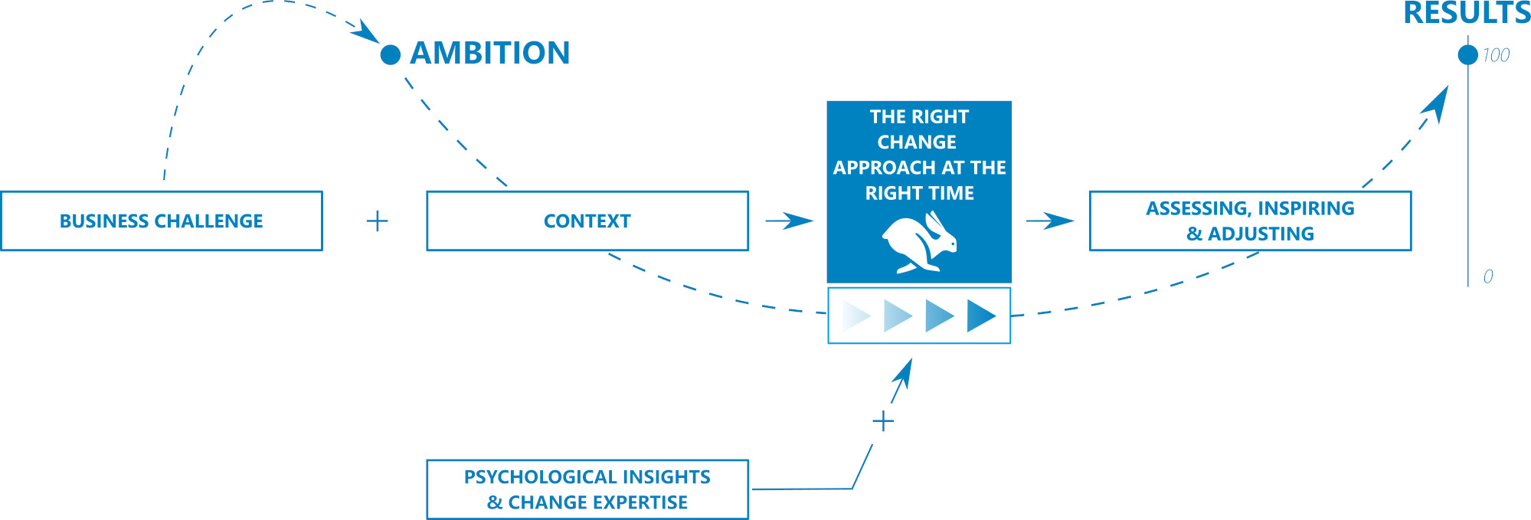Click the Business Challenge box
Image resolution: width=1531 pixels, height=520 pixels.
click(162, 221)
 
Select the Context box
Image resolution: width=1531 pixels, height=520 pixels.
click(587, 221)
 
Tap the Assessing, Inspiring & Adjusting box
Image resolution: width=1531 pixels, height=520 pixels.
click(1250, 221)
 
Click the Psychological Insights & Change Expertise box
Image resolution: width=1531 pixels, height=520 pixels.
click(587, 489)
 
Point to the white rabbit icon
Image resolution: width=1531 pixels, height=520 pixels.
click(920, 242)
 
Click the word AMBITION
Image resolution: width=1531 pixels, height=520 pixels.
click(490, 53)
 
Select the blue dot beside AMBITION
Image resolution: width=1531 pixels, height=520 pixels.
click(391, 54)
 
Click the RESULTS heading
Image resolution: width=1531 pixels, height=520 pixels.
click(1467, 13)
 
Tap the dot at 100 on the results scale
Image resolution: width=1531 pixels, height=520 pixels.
click(1467, 54)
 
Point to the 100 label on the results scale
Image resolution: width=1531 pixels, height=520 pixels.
click(1496, 55)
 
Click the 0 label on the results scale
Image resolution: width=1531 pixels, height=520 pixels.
click(1488, 276)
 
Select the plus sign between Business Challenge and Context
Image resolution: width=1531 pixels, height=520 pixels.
click(378, 221)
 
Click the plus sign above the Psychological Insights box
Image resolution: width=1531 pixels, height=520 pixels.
click(883, 421)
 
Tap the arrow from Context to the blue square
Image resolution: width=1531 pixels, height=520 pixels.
click(790, 221)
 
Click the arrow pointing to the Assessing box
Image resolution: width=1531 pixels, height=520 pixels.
click(1050, 221)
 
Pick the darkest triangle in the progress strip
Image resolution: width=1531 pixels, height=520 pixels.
click(980, 316)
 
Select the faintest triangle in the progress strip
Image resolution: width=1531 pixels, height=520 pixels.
click(855, 316)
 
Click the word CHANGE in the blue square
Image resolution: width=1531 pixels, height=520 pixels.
click(917, 142)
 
